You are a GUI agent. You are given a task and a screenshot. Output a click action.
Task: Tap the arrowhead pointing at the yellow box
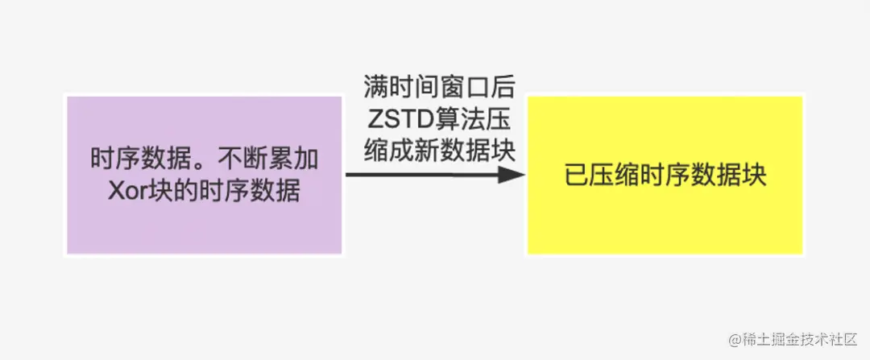[x=511, y=174]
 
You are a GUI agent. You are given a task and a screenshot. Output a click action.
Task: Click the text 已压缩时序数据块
[x=665, y=176]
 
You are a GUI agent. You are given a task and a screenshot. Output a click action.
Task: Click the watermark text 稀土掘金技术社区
[x=801, y=340]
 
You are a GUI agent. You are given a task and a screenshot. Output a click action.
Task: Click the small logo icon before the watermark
[x=735, y=340]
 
